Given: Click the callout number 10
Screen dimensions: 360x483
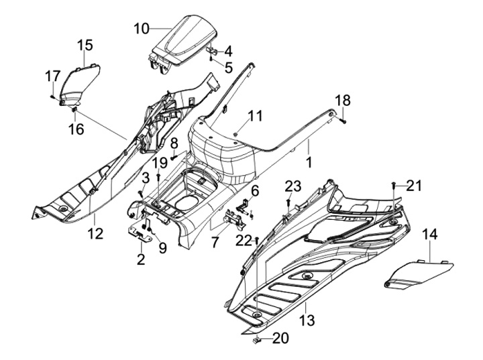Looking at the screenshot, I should pyautogui.click(x=142, y=28).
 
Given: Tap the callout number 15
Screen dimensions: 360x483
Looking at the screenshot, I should pyautogui.click(x=85, y=45).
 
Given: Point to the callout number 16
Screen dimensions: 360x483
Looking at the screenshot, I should pyautogui.click(x=77, y=128).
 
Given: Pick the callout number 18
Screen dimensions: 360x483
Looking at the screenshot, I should pyautogui.click(x=342, y=101).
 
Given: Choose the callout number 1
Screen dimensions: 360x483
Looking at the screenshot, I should pyautogui.click(x=309, y=163).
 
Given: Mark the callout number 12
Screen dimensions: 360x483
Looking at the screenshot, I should pyautogui.click(x=95, y=233).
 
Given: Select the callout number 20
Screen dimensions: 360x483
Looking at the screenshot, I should pyautogui.click(x=280, y=339).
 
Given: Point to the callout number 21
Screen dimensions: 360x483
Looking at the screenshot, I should pyautogui.click(x=415, y=186).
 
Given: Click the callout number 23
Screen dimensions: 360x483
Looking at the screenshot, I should pyautogui.click(x=293, y=186).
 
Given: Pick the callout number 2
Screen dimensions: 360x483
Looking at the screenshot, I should pyautogui.click(x=141, y=259).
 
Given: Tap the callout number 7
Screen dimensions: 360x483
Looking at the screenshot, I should pyautogui.click(x=214, y=241).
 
